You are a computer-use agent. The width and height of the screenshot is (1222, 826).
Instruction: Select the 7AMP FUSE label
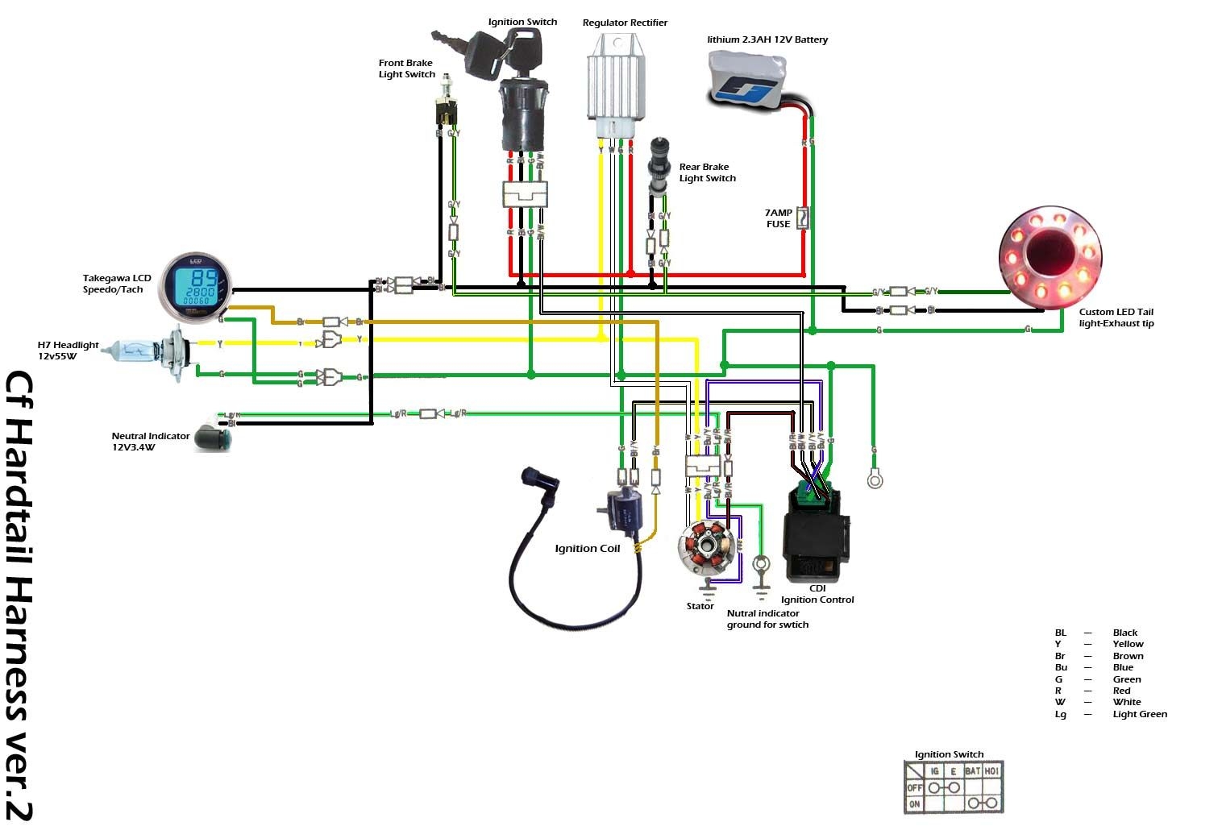click(x=779, y=218)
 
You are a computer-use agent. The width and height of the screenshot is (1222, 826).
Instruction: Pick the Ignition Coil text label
click(x=587, y=549)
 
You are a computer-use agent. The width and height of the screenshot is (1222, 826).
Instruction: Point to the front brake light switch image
click(x=446, y=105)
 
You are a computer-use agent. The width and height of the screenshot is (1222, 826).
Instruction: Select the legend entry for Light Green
click(x=1139, y=714)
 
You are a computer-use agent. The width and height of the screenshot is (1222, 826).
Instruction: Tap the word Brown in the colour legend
click(x=1128, y=656)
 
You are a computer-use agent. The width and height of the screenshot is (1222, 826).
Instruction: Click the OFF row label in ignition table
click(x=914, y=787)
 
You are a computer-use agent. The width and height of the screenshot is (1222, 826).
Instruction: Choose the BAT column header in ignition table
click(x=972, y=771)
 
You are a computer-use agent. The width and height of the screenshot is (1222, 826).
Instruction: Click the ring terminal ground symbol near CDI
click(x=874, y=480)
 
